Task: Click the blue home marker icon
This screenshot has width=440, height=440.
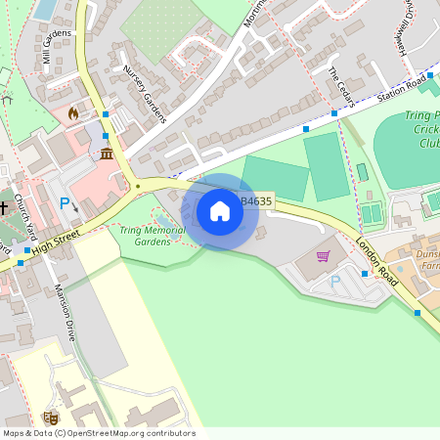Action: pos(220,211)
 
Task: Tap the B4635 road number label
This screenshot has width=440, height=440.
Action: pos(257,201)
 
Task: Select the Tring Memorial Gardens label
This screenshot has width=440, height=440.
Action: pos(152,236)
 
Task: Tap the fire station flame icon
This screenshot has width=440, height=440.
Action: pos(72,113)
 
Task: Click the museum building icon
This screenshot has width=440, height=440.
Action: pos(106,154)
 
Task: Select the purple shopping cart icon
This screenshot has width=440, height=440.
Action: pos(323,256)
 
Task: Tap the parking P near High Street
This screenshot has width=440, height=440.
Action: pos(66,204)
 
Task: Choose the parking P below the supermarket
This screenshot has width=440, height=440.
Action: pos(335,282)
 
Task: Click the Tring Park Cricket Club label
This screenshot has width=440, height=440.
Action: pos(422,128)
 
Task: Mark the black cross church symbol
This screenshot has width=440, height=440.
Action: pos(4,207)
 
